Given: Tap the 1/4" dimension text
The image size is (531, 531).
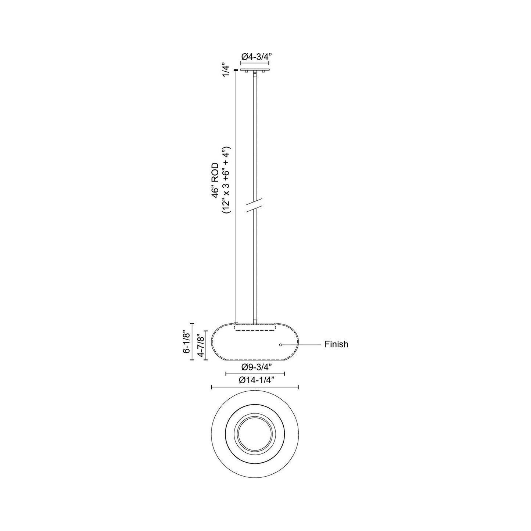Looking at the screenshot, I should (x=227, y=70).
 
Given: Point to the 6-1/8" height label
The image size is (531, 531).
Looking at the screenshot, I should (x=187, y=342).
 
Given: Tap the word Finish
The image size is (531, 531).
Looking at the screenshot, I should (x=336, y=345).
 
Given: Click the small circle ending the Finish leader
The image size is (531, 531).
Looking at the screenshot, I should (x=281, y=345).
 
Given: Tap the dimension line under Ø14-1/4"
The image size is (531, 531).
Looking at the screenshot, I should (x=255, y=387).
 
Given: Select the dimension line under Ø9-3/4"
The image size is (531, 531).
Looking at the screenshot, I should (x=255, y=374).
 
